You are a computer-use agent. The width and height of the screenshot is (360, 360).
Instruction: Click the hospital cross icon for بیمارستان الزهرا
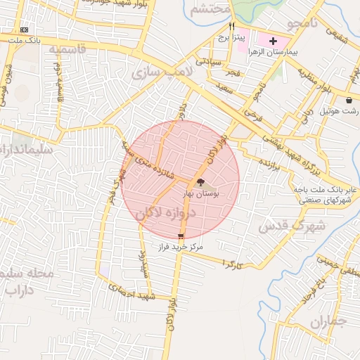[x=274, y=41]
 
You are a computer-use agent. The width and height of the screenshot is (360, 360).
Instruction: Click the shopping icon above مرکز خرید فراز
[x=181, y=237]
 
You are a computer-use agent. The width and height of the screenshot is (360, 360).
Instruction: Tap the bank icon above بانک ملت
[x=25, y=30]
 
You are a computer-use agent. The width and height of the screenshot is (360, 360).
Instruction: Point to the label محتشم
[x=210, y=9]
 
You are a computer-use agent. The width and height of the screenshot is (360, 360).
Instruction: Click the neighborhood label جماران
[x=328, y=323]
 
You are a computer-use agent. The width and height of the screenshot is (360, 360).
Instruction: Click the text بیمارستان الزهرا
[x=275, y=53]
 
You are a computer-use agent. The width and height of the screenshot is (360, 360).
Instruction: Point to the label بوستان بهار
[x=202, y=192]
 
